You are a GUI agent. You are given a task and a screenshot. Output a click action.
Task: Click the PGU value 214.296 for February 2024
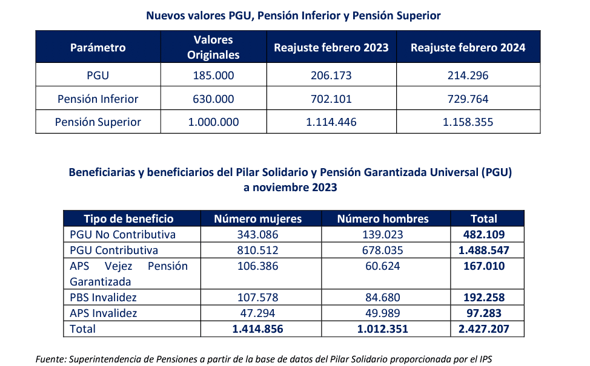[x=468, y=76]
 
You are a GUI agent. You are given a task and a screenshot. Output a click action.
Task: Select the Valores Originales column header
[x=213, y=47]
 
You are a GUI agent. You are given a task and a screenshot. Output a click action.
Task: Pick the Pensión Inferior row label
[x=98, y=99]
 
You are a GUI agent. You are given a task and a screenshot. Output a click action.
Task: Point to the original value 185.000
[x=213, y=76]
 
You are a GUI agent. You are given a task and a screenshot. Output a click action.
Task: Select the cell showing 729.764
[x=468, y=99]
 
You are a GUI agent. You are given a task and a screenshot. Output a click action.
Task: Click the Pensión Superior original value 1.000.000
[x=213, y=122]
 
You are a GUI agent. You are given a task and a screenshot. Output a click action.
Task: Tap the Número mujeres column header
[x=258, y=219]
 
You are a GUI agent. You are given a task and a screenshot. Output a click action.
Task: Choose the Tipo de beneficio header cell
[x=128, y=219]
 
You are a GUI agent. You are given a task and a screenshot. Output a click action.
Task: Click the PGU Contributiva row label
[x=114, y=250]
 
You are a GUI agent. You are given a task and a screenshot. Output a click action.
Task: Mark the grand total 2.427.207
[x=483, y=329]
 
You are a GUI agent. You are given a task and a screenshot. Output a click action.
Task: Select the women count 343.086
[x=258, y=235]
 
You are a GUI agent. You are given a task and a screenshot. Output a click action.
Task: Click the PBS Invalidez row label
[x=103, y=298]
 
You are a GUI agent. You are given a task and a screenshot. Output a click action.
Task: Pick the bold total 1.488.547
[x=483, y=250]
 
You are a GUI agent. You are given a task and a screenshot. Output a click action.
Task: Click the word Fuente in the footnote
[x=50, y=359]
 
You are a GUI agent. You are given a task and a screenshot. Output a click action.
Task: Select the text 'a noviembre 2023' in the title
[x=290, y=188]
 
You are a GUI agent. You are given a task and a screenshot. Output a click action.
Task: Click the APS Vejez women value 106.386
[x=258, y=266]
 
